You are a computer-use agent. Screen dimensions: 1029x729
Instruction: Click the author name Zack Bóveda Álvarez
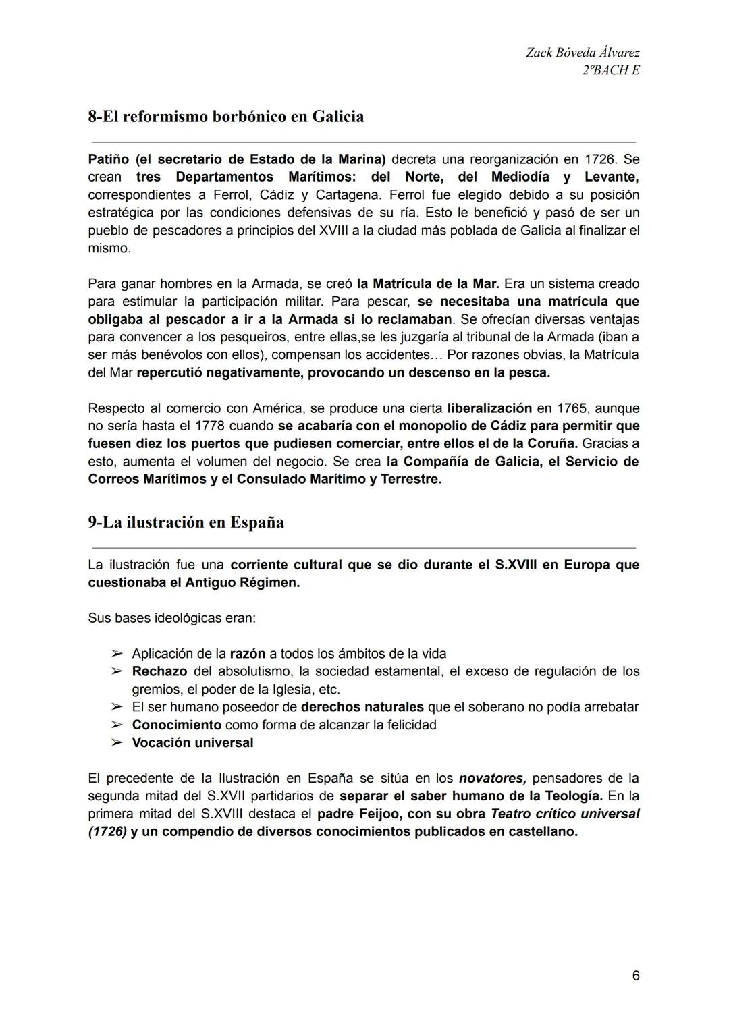(583, 53)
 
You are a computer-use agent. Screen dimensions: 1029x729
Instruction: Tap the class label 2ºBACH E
(610, 70)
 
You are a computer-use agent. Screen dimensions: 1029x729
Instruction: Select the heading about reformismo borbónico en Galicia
(225, 117)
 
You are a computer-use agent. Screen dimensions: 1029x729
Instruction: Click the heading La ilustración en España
(186, 522)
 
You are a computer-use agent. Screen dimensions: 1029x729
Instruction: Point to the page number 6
(635, 976)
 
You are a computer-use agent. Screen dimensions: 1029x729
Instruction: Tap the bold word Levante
(611, 177)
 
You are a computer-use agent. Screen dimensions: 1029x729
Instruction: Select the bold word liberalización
(489, 408)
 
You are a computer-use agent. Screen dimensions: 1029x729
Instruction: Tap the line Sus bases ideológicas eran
(171, 618)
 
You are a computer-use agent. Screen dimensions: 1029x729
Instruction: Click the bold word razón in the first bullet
(247, 654)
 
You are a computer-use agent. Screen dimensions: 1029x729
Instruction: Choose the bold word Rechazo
(159, 671)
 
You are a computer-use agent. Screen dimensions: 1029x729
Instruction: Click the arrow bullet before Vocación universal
(117, 743)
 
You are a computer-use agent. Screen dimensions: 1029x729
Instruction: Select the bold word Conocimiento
(176, 725)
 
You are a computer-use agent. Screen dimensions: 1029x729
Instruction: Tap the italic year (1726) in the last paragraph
(107, 831)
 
